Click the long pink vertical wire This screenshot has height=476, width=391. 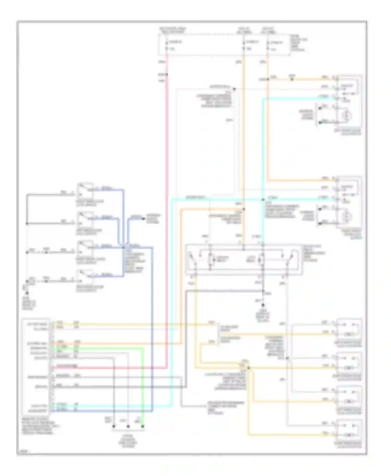point(166,208)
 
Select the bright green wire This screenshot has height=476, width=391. point(143,385)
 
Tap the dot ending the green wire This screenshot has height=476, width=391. point(143,427)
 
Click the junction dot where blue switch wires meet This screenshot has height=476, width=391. point(124,247)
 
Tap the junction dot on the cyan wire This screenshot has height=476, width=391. point(263,200)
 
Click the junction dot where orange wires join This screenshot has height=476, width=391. point(244,209)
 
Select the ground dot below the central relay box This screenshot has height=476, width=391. point(263,305)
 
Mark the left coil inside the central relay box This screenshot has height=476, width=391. point(211,259)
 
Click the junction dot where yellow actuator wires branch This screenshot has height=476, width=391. point(248,368)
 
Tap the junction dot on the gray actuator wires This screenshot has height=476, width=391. point(287,358)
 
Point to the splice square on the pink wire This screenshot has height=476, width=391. point(167,75)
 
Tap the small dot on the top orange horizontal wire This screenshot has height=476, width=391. point(292,79)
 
